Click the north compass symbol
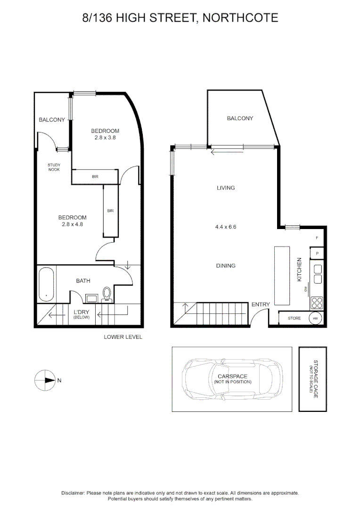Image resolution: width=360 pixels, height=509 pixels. point(46,380)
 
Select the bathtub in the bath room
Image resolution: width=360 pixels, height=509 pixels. point(46,284)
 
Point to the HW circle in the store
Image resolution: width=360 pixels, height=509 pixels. point(315,319)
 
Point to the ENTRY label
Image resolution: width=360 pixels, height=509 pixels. point(261,304)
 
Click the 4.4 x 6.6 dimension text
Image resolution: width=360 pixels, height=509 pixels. point(225,227)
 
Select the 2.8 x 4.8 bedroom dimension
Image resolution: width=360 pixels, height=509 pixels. point(72,224)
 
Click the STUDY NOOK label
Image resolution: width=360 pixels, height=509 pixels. point(54,167)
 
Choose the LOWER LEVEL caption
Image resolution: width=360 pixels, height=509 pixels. point(123,337)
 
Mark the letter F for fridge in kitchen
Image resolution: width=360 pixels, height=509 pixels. point(317,238)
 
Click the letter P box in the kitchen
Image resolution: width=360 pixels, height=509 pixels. point(317,253)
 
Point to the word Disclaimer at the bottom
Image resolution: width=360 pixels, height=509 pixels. point(73,493)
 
